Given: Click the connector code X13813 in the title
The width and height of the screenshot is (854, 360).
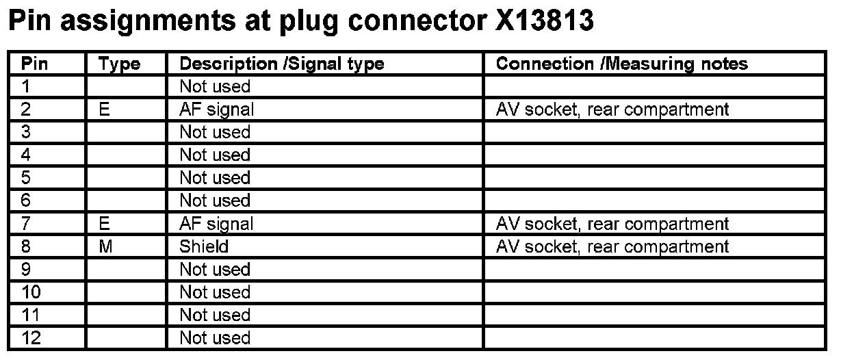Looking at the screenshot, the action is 543,22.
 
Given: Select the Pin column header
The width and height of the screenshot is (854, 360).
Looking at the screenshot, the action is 34,64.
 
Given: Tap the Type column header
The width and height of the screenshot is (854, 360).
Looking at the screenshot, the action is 119,64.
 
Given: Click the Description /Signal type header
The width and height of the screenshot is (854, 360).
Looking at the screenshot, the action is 281,64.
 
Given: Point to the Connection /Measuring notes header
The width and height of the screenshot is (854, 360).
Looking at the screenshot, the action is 621,64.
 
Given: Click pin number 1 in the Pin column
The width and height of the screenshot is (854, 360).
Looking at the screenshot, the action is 26,87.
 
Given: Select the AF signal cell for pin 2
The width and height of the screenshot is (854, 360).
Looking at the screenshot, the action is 216,110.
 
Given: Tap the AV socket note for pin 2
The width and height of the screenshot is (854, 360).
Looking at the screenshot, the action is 612,110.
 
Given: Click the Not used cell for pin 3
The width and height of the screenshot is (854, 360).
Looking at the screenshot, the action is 215,132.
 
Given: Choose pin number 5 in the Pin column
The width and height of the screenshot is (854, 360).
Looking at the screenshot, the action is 26,178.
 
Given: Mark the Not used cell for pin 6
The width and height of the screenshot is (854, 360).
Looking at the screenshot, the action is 215,201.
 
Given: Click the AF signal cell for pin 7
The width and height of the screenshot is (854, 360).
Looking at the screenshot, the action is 216,224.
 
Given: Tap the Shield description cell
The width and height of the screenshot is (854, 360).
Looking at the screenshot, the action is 203,246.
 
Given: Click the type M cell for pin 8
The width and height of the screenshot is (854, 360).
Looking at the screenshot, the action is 105,246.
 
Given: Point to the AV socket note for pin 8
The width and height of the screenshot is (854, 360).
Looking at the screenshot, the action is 612,246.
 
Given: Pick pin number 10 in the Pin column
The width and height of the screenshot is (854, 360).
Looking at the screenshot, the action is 31,292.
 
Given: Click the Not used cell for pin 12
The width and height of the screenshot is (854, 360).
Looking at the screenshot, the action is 215,338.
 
